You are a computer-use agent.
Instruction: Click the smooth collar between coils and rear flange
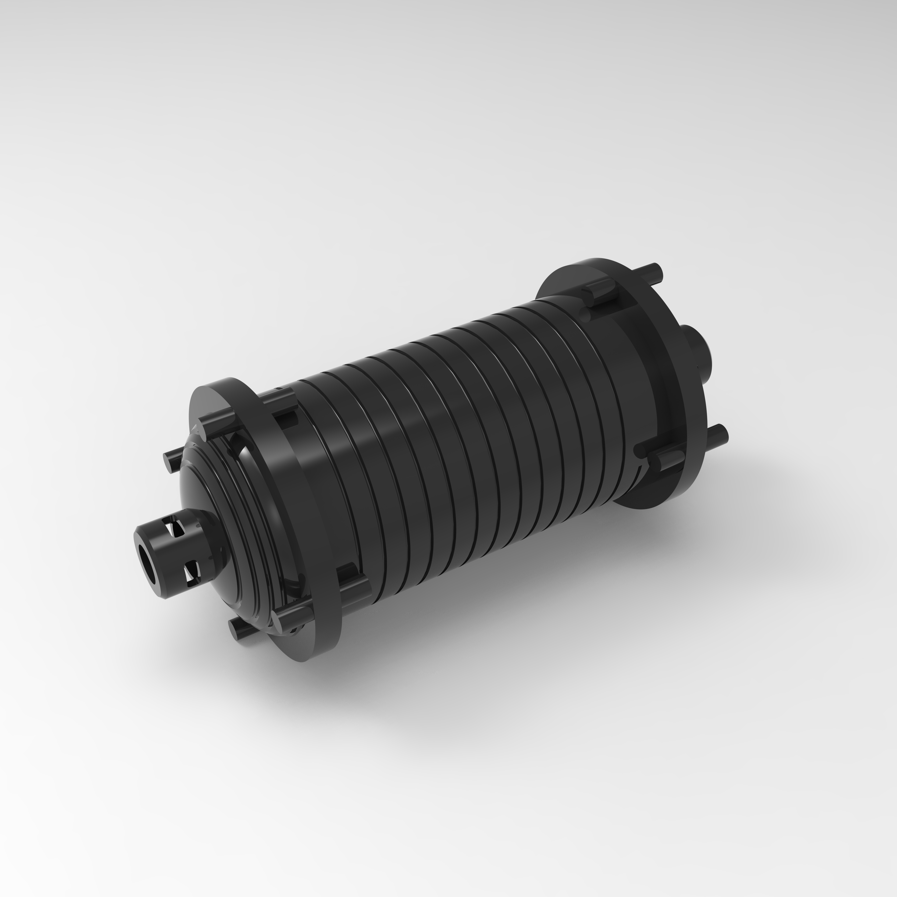(622, 371)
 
